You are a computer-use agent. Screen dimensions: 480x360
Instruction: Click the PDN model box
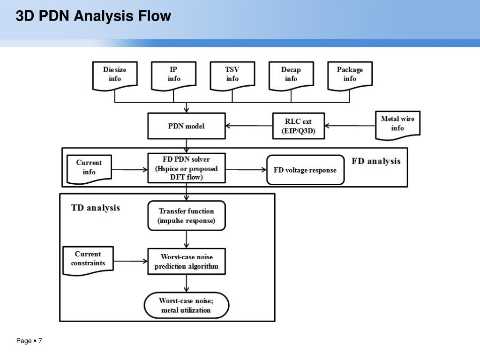coord(187,126)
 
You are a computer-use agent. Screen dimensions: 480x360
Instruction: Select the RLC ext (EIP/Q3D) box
coord(299,126)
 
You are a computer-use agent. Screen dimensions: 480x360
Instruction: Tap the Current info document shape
coord(89,169)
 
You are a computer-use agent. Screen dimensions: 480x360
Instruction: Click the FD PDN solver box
coord(187,168)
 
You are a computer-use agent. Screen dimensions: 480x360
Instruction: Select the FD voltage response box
coord(305,170)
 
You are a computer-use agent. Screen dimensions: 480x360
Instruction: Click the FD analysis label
coord(376,161)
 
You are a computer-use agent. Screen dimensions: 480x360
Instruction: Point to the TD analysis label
coord(96,208)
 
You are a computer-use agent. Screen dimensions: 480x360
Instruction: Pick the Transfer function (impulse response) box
coord(187,216)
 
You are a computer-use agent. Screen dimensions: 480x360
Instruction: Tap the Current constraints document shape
coord(88,261)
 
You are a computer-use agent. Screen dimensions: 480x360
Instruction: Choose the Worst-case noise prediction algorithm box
coord(187,262)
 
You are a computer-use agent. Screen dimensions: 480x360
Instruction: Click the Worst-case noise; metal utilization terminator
coord(187,305)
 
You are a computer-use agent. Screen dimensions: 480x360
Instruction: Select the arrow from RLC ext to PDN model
coord(249,126)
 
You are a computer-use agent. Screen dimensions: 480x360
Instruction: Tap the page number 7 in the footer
coord(40,341)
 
